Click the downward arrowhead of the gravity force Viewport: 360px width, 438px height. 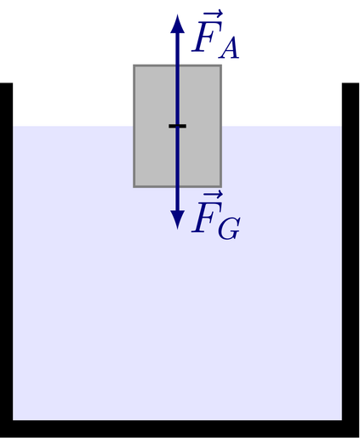(x=178, y=219)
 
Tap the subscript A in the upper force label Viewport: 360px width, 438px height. (x=229, y=49)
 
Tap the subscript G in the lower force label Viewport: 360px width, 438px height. (x=229, y=228)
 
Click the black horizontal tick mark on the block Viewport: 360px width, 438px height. (x=178, y=126)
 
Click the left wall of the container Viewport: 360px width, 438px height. (x=6, y=252)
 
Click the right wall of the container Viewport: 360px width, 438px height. (x=351, y=252)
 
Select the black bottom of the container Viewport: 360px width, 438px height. (x=180, y=429)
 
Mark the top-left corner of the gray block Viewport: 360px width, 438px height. (x=134, y=65)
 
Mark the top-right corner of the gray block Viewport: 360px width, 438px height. (x=221, y=65)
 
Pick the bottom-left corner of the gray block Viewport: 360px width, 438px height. (x=134, y=187)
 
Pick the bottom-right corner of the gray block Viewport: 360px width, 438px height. (x=221, y=187)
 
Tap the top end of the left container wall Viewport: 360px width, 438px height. (x=6, y=83)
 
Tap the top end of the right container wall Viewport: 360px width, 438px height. (x=351, y=83)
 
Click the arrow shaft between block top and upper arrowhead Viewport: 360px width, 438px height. (x=178, y=49)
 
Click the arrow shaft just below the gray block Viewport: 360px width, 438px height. (x=178, y=199)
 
